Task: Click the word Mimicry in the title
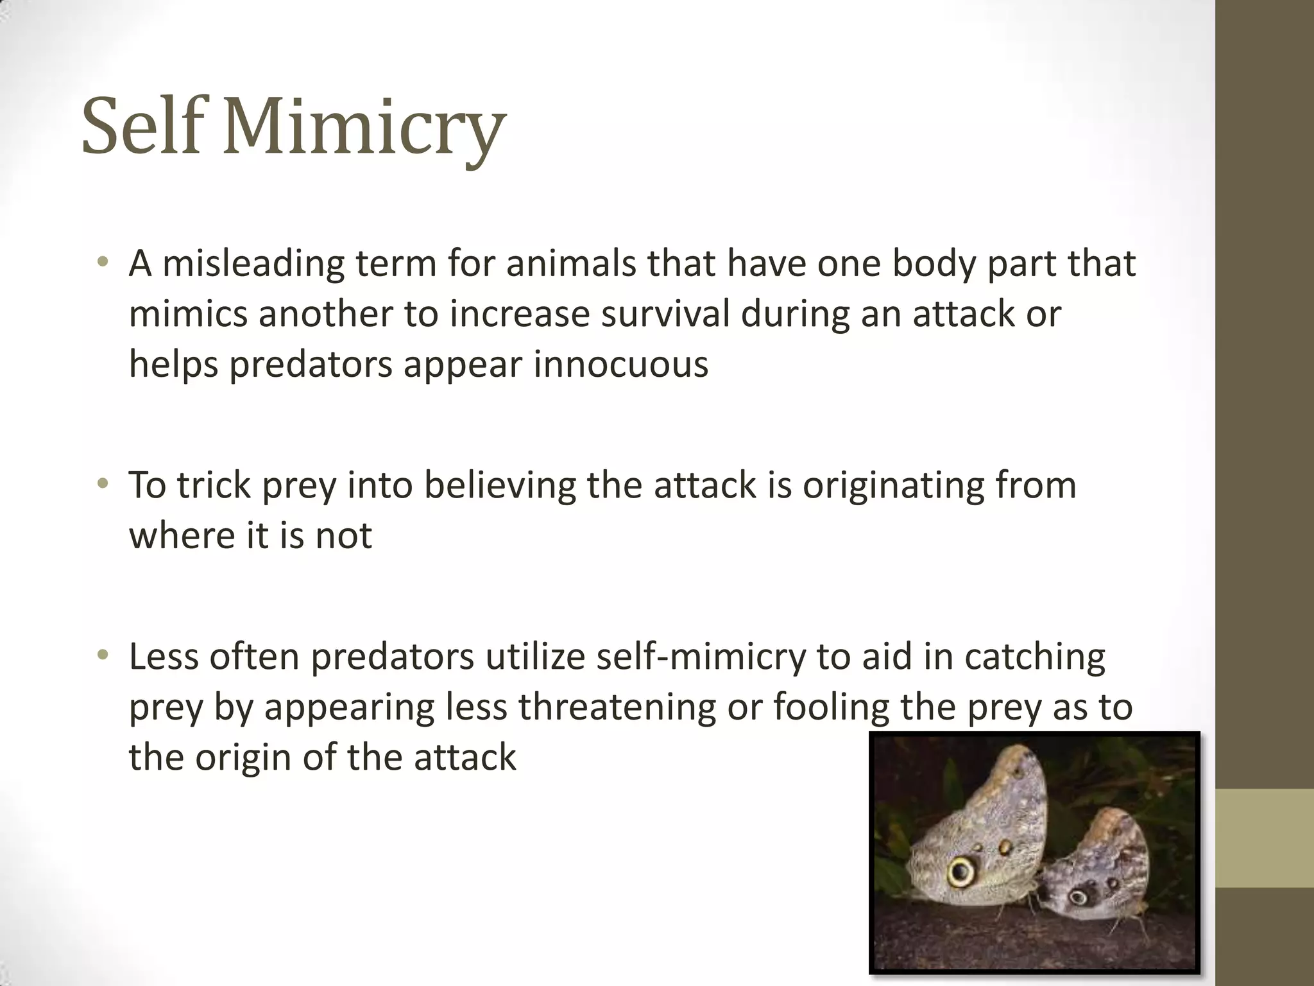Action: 364,126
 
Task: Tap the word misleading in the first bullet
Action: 253,264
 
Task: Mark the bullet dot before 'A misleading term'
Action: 102,263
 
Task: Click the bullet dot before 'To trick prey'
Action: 102,484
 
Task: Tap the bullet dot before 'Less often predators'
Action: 102,655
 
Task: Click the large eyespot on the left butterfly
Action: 960,871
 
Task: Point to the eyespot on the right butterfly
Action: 1077,895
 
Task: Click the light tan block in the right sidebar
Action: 1265,838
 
